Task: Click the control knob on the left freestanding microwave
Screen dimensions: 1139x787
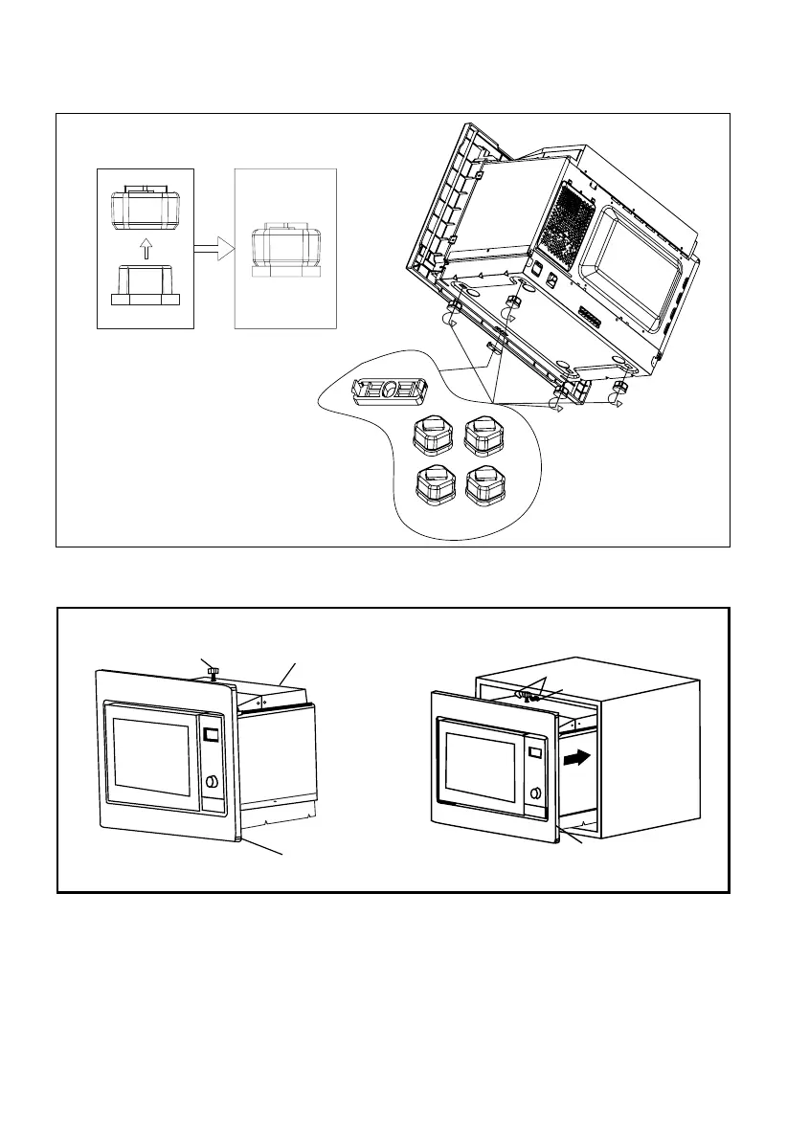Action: tap(211, 782)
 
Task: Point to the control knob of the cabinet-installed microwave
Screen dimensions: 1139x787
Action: tap(534, 793)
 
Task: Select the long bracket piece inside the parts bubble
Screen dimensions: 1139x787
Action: tap(390, 391)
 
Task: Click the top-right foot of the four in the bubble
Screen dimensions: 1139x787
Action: tap(483, 435)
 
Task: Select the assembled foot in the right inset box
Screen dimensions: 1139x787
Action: tap(285, 252)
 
